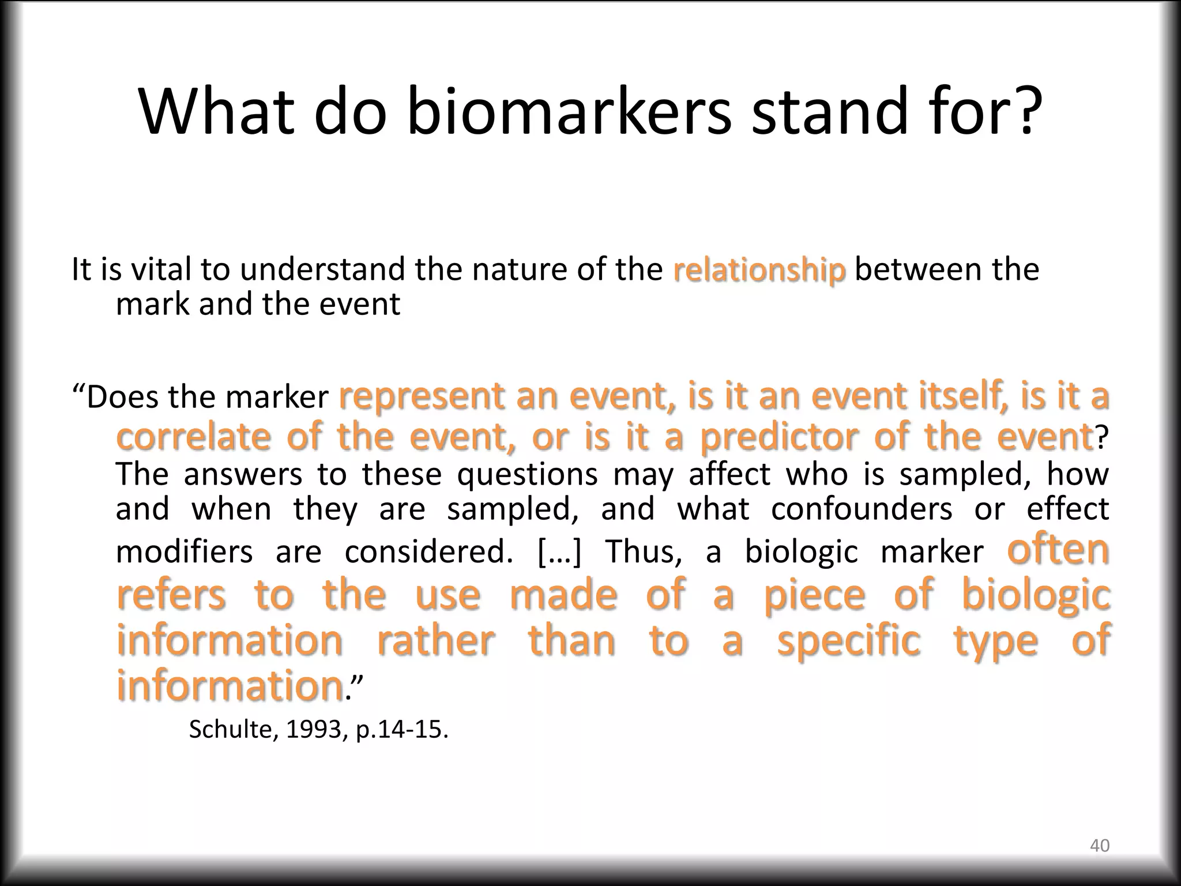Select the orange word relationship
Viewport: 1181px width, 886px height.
[x=759, y=271]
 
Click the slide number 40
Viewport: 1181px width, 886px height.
[x=1099, y=846]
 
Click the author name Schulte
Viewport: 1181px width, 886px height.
[x=234, y=730]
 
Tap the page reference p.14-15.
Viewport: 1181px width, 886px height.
[x=401, y=730]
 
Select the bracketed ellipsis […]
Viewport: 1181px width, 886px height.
[x=560, y=551]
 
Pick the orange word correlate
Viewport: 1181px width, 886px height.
[x=193, y=437]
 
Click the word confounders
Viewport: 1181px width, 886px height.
[x=862, y=509]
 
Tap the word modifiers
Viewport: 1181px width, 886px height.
[x=184, y=551]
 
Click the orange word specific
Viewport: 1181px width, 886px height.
[x=849, y=640]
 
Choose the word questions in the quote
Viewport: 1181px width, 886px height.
[x=527, y=474]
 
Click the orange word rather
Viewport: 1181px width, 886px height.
[x=436, y=640]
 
